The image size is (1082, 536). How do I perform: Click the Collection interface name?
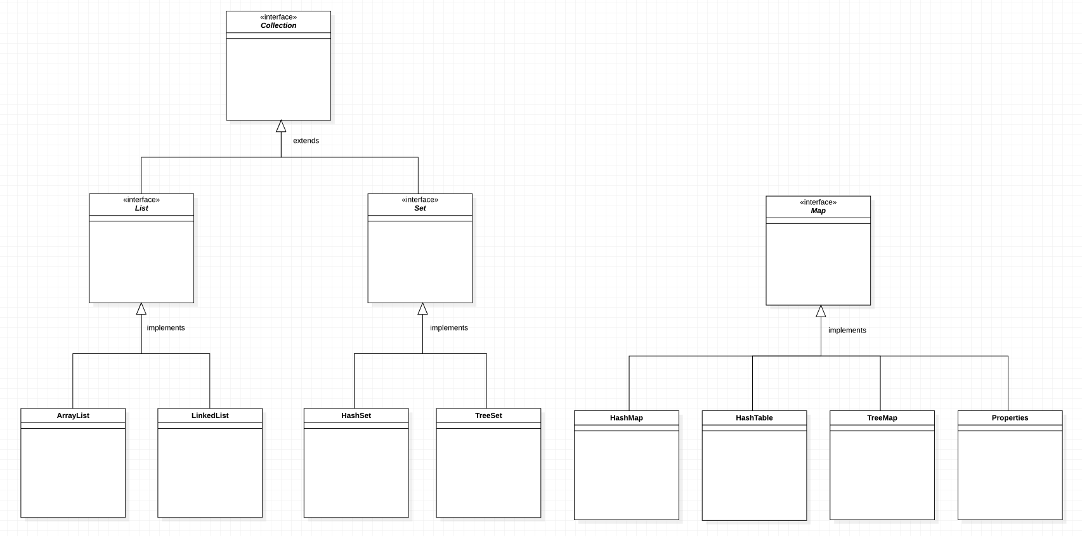pos(278,26)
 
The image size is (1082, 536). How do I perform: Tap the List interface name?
pos(141,209)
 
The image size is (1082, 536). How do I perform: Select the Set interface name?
pos(420,209)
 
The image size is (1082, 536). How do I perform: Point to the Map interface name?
pos(818,211)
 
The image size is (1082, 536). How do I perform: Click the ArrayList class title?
pos(73,415)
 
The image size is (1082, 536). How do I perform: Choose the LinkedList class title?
pos(210,415)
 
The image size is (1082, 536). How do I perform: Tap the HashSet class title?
pos(356,415)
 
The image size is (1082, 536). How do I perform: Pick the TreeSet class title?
pos(488,415)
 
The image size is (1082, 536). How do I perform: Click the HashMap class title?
pos(627,418)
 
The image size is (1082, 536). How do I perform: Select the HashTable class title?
pos(754,418)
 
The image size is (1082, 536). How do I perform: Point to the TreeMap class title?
pos(882,418)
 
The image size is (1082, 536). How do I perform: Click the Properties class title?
pos(1010,418)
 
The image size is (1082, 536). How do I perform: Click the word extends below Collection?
pos(306,141)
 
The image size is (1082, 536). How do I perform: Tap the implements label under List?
pos(166,328)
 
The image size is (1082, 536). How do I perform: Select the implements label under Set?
pos(449,328)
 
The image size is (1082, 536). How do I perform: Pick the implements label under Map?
pos(847,330)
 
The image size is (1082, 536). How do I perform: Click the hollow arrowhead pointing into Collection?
pos(281,126)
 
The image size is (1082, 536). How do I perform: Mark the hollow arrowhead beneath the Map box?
pos(821,311)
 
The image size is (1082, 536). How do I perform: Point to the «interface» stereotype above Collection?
pos(278,17)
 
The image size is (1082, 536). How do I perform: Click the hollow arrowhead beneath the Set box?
pos(422,309)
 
